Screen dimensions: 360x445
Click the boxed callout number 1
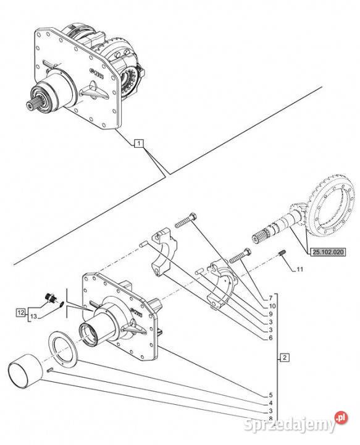tap(139, 143)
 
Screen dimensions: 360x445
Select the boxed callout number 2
tap(285, 357)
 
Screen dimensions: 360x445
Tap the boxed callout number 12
tap(21, 313)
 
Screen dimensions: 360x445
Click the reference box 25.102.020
tap(329, 252)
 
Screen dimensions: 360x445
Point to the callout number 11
tap(299, 269)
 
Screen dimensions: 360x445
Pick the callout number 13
tap(33, 316)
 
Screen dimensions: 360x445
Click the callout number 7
tap(270, 298)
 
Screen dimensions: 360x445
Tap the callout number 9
tap(270, 314)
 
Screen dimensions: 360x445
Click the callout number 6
tap(270, 337)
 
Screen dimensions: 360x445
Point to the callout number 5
tap(270, 395)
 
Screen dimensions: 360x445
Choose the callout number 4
tap(270, 403)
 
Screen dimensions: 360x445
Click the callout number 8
tap(270, 418)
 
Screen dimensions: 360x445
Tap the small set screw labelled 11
tap(282, 253)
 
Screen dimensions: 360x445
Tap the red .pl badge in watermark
tap(341, 418)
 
